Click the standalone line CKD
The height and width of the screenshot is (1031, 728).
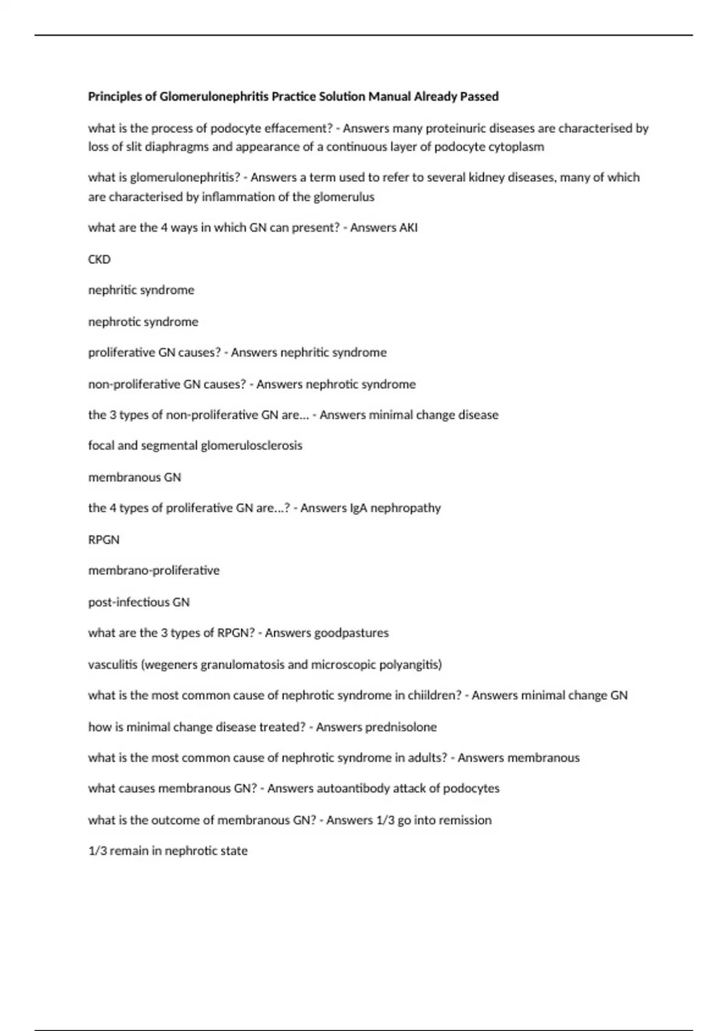(99, 259)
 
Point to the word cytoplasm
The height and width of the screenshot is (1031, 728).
(516, 147)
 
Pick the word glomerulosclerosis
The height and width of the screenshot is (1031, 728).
(251, 446)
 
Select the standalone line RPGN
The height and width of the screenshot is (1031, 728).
(104, 539)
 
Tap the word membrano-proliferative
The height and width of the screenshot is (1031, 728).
(154, 571)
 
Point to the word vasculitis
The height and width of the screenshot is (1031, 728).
(113, 665)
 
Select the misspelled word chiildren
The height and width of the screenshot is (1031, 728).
(435, 696)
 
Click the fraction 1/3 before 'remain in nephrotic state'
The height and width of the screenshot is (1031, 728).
(97, 851)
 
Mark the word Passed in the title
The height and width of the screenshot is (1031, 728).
(479, 96)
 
